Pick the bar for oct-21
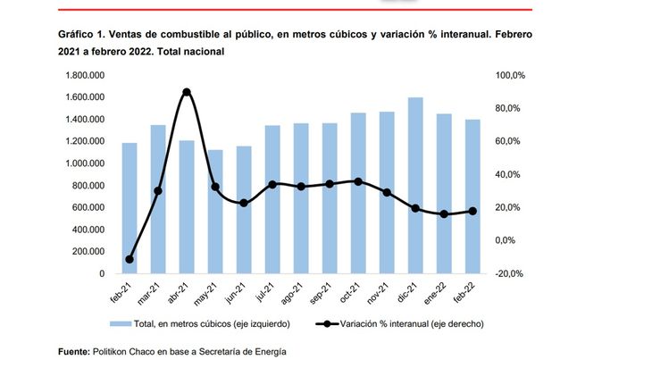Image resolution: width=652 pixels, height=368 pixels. coord(358,193)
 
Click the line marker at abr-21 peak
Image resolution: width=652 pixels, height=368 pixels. coord(187,92)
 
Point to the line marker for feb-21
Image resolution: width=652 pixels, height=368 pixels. coord(130,259)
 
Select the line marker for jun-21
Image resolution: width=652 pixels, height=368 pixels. coord(244,203)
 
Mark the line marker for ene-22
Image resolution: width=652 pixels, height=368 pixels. coord(444,214)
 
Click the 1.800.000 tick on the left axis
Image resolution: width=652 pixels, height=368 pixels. coord(83,75)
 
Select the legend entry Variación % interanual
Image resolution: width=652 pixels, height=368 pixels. coord(411,323)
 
